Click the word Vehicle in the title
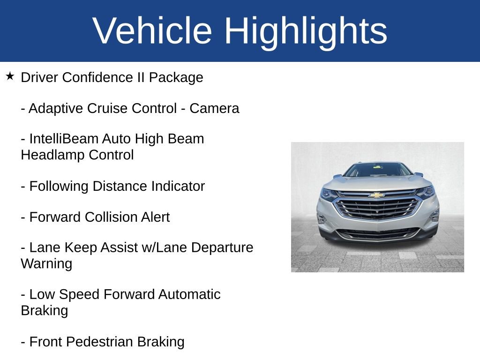pos(152,31)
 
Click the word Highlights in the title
pos(306,31)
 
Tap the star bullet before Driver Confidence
pos(10,76)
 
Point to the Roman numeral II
pos(140,77)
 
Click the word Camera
pos(214,108)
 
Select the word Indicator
pos(178,186)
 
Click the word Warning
pos(46,263)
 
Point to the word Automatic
pos(189,294)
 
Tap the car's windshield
pos(377,170)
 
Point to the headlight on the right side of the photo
pos(426,192)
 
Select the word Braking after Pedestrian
pos(161,342)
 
